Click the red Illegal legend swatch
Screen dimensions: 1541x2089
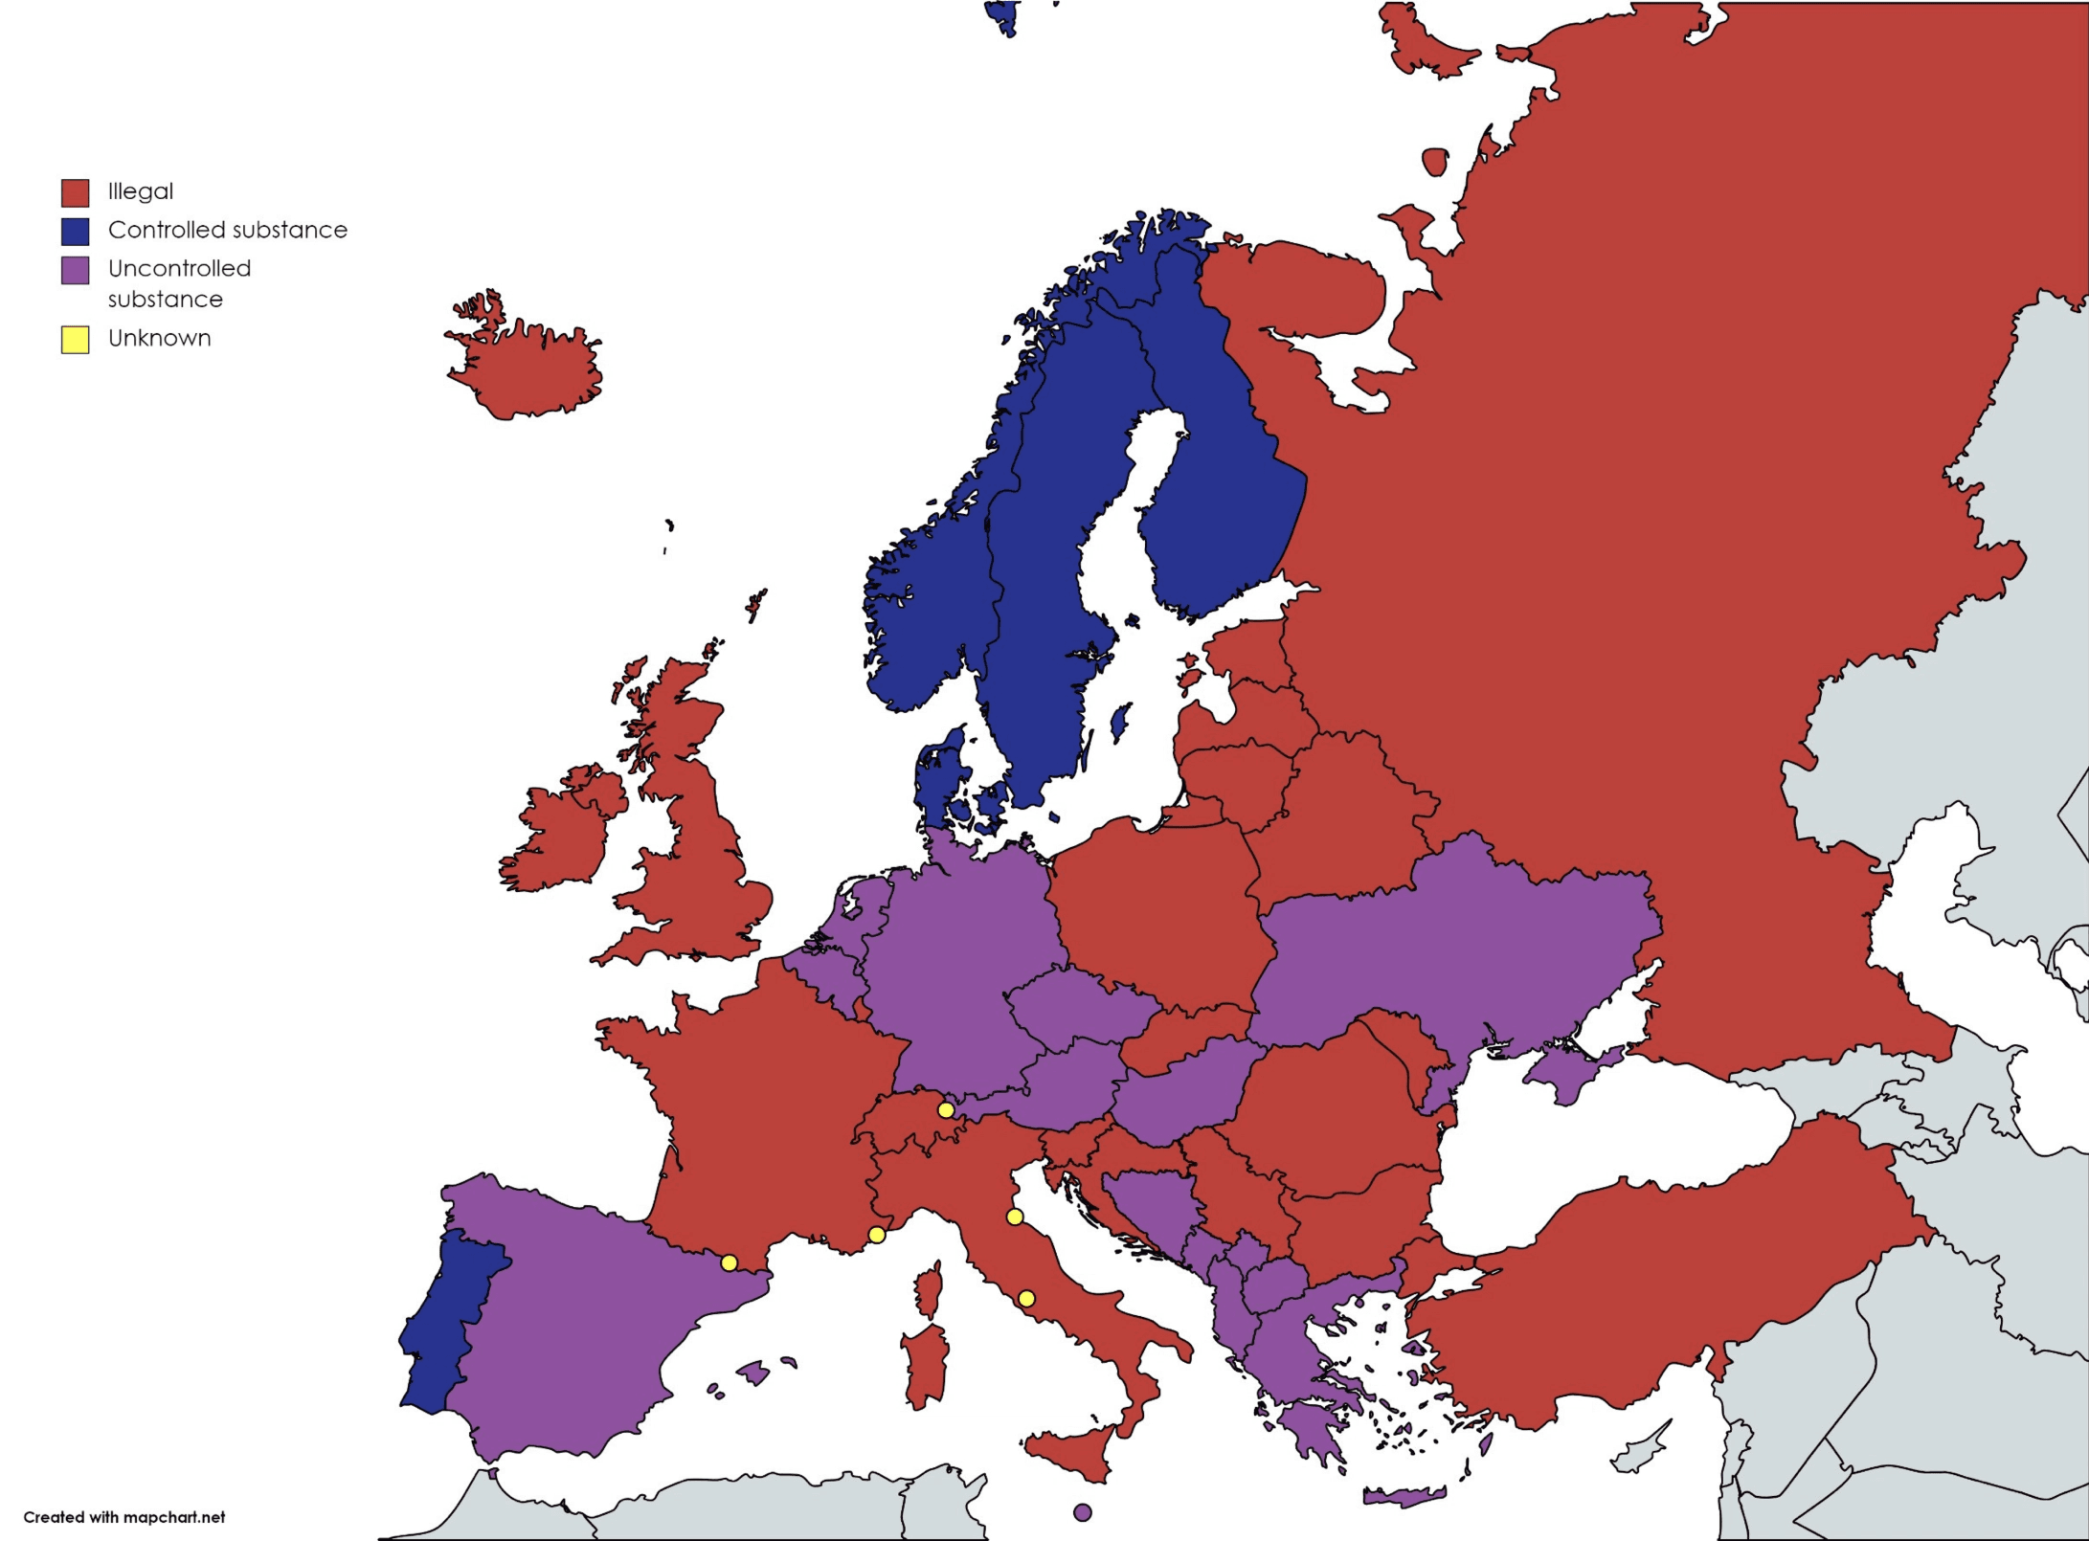[x=76, y=192]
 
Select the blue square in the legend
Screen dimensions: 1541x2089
[x=76, y=231]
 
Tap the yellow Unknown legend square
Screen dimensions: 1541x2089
[x=76, y=339]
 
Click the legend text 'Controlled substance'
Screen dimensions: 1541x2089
[x=227, y=230]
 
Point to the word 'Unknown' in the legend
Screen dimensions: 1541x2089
[x=159, y=338]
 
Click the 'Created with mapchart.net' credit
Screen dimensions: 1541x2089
[x=124, y=1517]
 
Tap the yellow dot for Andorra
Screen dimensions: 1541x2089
[x=729, y=1263]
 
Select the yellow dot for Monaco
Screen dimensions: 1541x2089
[x=876, y=1235]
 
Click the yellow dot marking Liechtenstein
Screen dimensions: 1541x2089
[x=945, y=1110]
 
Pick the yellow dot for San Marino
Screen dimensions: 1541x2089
[x=1015, y=1217]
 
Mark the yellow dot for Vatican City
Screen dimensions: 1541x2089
[x=1025, y=1299]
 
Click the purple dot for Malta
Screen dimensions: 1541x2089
[x=1082, y=1512]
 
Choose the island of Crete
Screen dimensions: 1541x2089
[x=1404, y=1496]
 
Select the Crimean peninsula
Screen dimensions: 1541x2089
[x=1565, y=1072]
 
